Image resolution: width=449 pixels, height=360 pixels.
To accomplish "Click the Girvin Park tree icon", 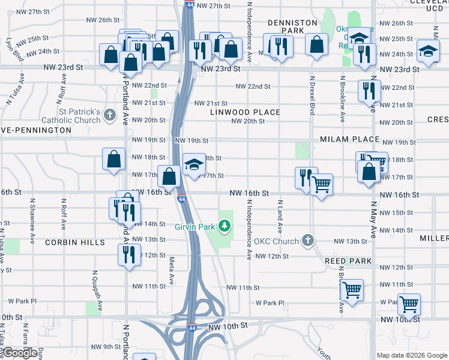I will (x=224, y=226).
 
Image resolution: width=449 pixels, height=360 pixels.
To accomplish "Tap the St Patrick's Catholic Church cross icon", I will (x=109, y=114).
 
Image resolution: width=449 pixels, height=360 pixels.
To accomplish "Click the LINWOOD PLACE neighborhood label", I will (x=245, y=112).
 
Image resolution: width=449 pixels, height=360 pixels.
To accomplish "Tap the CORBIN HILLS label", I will (x=74, y=242).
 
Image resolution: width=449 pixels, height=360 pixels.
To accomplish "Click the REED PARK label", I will (x=348, y=262).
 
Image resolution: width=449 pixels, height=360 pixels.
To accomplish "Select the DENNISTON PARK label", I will (x=292, y=26).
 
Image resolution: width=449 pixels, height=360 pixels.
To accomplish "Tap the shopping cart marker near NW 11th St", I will (x=352, y=290).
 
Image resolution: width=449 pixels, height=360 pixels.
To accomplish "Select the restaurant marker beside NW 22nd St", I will (x=369, y=90).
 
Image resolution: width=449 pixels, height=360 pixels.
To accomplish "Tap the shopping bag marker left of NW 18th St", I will (x=113, y=160).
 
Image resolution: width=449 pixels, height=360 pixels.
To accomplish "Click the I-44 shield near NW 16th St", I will (x=181, y=199).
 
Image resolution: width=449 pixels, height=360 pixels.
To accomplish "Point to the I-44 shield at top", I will (x=190, y=4).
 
